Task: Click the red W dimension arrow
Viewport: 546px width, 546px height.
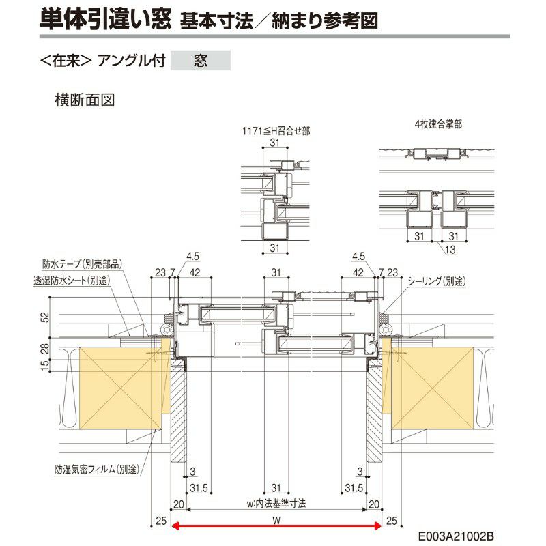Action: (276, 525)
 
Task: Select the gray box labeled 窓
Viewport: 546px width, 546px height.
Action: (201, 60)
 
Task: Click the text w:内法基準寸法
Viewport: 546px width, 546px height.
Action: (276, 503)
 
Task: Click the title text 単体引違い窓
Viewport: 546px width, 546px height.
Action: (103, 18)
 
